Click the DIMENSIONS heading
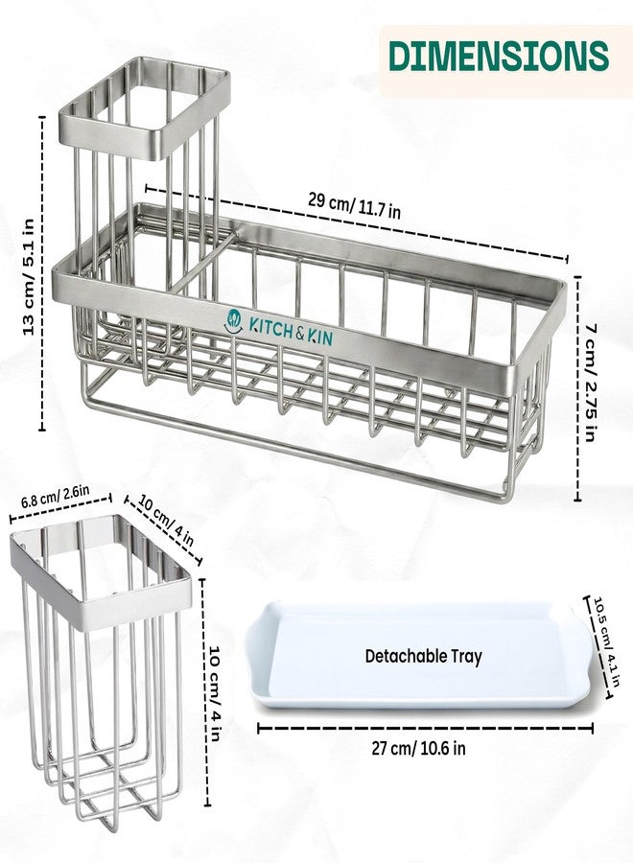[499, 56]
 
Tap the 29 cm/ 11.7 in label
[354, 206]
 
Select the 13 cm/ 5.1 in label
[28, 276]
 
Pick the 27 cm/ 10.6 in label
[418, 749]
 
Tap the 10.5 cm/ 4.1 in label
[606, 641]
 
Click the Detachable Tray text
[423, 656]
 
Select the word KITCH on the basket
[270, 328]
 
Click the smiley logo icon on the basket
[233, 321]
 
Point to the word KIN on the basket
[320, 337]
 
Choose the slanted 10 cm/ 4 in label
[166, 520]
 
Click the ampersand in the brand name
[300, 333]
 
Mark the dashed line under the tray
[426, 729]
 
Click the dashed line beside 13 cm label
[43, 273]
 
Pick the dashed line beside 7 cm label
[577, 388]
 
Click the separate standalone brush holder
[102, 672]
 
